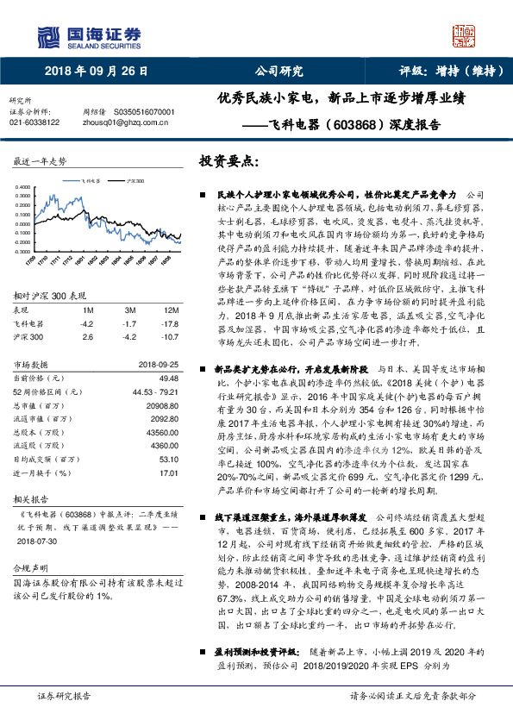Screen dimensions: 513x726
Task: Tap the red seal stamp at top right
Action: [x=464, y=35]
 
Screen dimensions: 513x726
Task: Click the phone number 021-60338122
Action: [x=34, y=122]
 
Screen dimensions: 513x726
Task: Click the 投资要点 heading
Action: [x=228, y=161]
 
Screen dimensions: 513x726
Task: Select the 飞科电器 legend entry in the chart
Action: [x=92, y=182]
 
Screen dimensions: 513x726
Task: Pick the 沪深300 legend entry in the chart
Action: [x=135, y=182]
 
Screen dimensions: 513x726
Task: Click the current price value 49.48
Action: [x=168, y=378]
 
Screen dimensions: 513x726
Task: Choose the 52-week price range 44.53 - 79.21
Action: [x=155, y=391]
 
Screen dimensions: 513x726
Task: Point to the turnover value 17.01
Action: [x=168, y=473]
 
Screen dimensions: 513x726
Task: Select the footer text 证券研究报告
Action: [x=64, y=695]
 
